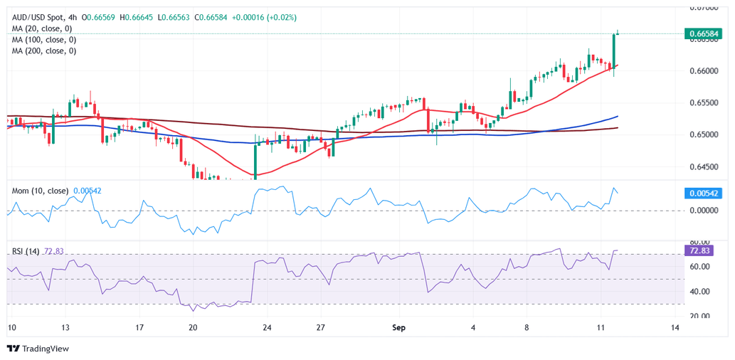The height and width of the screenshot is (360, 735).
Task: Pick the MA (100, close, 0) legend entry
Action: click(44, 40)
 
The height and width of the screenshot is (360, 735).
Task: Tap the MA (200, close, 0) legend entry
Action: click(44, 51)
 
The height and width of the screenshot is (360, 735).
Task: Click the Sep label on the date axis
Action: click(398, 328)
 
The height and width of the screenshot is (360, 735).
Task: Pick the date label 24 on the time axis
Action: click(267, 328)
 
